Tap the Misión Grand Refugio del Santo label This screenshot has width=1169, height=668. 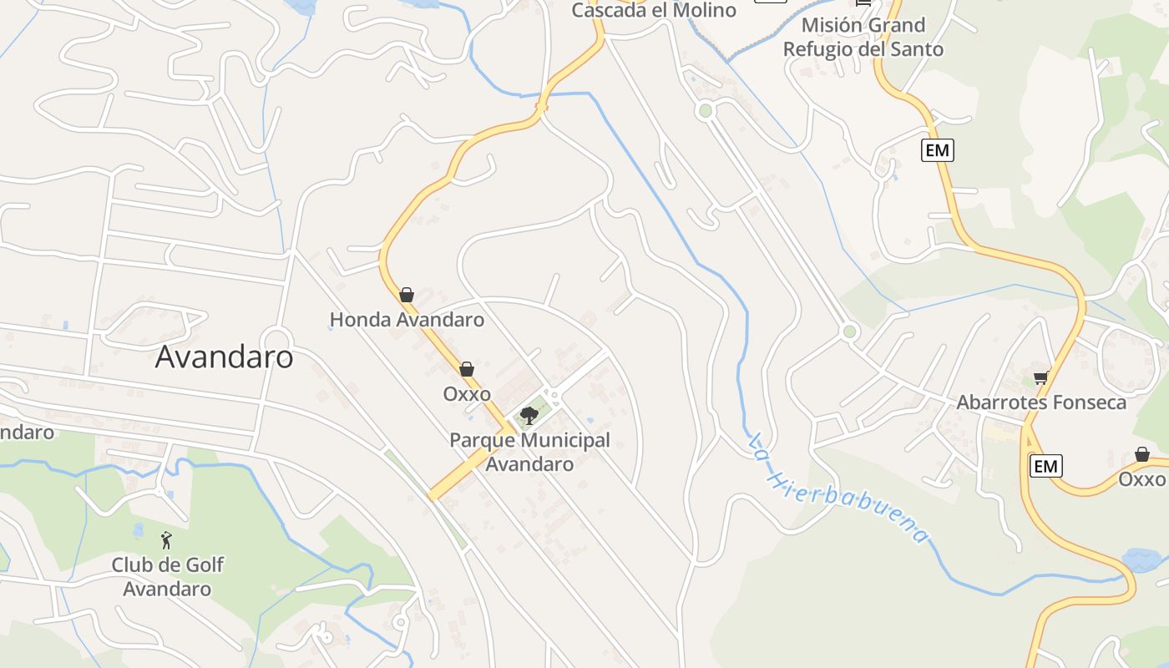pos(863,37)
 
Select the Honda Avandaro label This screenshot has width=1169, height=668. pos(407,320)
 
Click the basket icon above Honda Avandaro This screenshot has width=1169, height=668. pos(407,295)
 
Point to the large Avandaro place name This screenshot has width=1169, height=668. pos(224,357)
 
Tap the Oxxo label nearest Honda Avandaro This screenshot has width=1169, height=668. pos(467,393)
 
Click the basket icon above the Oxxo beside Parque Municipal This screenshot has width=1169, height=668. pos(467,369)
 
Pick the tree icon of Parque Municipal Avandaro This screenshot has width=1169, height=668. pos(529,415)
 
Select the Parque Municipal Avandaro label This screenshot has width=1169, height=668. pos(529,452)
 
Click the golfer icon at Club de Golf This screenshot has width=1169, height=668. pos(165,540)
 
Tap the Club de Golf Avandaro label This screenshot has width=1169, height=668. pos(167,576)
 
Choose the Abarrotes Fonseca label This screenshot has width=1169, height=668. pos(1041,402)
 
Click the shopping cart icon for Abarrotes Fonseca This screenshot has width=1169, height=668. pos(1040,378)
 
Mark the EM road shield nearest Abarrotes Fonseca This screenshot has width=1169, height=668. pos(1045,466)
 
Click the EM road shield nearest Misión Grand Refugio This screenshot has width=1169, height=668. pos(938,150)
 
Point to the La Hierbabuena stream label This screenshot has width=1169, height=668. pos(839,488)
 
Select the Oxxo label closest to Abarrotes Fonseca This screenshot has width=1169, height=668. pos(1141,479)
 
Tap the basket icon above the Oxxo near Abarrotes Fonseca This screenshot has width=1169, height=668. pos(1141,455)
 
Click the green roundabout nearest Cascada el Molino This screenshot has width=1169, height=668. pos(706,110)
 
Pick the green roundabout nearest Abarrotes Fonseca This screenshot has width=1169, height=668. pos(850,331)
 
